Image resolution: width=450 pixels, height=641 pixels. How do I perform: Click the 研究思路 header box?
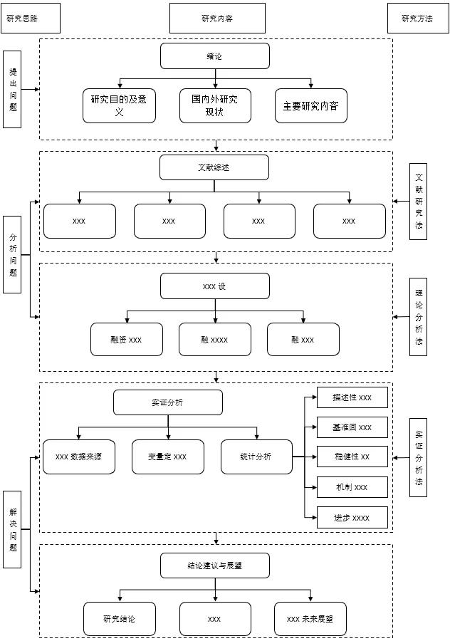pos(30,19)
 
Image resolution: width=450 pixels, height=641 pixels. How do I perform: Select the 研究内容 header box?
pos(217,19)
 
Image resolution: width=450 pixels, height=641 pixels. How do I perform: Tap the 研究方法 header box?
pos(417,19)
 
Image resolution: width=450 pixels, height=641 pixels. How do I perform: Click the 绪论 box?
pos(214,56)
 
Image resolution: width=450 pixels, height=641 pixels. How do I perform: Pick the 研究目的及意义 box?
pos(119,105)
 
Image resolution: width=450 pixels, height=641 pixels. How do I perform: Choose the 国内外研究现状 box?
pos(214,105)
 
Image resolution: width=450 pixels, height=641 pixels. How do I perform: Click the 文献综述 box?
pos(214,167)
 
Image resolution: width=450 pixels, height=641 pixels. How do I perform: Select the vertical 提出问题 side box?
pos(12,89)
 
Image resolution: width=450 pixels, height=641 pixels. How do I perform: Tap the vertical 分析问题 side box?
pos(12,254)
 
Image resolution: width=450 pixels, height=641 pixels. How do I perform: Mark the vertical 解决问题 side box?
pos(12,528)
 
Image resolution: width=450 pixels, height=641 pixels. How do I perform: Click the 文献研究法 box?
pos(419,202)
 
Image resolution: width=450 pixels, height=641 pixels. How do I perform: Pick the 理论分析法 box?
pos(419,316)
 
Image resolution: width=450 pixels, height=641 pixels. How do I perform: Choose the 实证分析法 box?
pos(419,457)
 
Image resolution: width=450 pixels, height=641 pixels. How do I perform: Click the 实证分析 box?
pos(167,402)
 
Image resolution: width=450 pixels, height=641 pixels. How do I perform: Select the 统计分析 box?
pos(256,457)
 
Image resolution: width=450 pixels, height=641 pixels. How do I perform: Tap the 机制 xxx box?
pos(352,487)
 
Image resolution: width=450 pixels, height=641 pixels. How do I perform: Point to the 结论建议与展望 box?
pos(214,566)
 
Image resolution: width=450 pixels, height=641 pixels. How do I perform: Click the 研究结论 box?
pos(119,619)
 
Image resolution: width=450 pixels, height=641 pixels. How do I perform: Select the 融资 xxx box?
pos(126,340)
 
